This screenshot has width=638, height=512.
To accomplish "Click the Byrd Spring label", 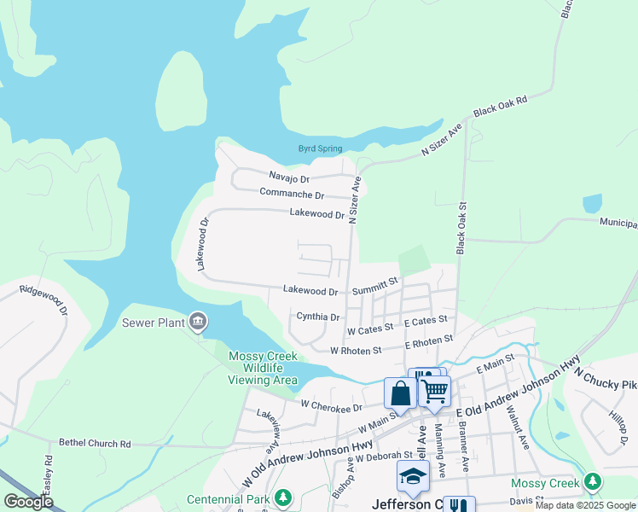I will [x=320, y=148].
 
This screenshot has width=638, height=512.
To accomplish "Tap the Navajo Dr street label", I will [x=289, y=177].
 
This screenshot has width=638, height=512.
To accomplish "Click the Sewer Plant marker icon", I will [x=198, y=321].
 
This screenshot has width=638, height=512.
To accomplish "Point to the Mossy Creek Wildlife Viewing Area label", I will [x=263, y=368].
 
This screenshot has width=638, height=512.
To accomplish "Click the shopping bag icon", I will [x=400, y=394].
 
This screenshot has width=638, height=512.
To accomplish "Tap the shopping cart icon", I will [x=435, y=391].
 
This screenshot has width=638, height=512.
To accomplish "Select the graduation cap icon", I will [x=412, y=477].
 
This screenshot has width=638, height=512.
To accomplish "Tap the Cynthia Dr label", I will [x=317, y=317].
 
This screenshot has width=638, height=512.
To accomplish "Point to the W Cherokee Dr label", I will [x=331, y=406].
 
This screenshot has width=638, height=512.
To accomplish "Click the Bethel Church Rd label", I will [x=95, y=444].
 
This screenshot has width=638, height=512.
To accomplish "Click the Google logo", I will [x=27, y=502].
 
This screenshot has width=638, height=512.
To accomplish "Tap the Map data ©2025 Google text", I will [x=586, y=506].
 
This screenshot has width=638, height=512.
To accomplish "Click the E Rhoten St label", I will [x=428, y=340].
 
